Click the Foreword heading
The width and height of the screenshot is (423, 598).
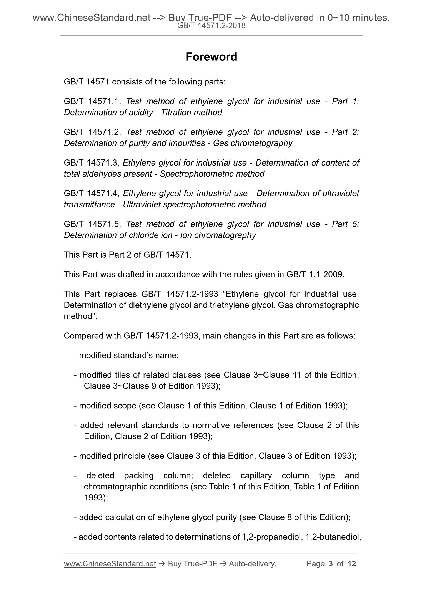point(211,57)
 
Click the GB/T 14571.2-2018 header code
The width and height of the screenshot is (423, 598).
point(211,26)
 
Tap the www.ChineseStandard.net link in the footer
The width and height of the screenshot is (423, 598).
point(110,564)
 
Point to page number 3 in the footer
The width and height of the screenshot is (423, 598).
point(331,564)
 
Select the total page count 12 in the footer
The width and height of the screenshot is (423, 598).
point(351,564)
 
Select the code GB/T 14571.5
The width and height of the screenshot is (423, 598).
point(91,224)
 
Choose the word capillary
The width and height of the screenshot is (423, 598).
point(256,475)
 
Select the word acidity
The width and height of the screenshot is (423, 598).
point(141,112)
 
